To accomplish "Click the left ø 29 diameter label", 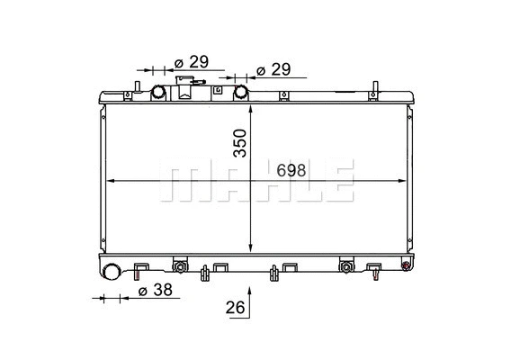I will (191, 62).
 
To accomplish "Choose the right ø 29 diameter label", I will (274, 69).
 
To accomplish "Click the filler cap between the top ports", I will (187, 88).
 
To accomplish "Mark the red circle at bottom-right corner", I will (406, 264).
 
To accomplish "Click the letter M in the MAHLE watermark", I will (179, 181).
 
